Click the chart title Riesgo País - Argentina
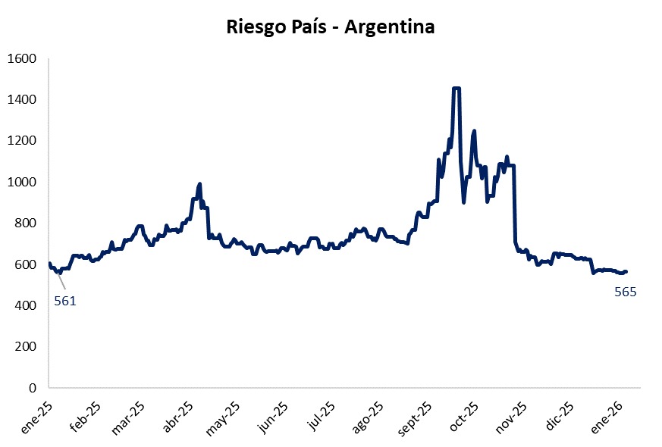[x=331, y=27]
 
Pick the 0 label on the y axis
[x=34, y=388]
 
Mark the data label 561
[x=65, y=301]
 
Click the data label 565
[x=625, y=292]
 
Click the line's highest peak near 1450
[x=456, y=89]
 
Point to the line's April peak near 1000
[x=199, y=183]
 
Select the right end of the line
[x=626, y=271]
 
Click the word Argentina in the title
[x=390, y=27]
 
